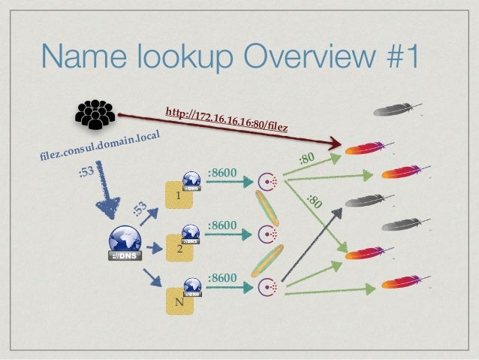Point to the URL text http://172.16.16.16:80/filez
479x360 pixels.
coord(228,119)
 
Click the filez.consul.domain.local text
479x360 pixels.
coord(101,147)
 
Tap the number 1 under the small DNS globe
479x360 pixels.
coord(178,197)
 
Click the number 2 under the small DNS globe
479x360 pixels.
coord(179,250)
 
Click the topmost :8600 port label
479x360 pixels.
coord(222,174)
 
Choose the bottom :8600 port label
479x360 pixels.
coord(222,279)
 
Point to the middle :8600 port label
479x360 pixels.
coord(222,225)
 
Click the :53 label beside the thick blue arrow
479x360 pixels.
coord(87,174)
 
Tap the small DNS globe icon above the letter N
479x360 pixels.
coord(192,286)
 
